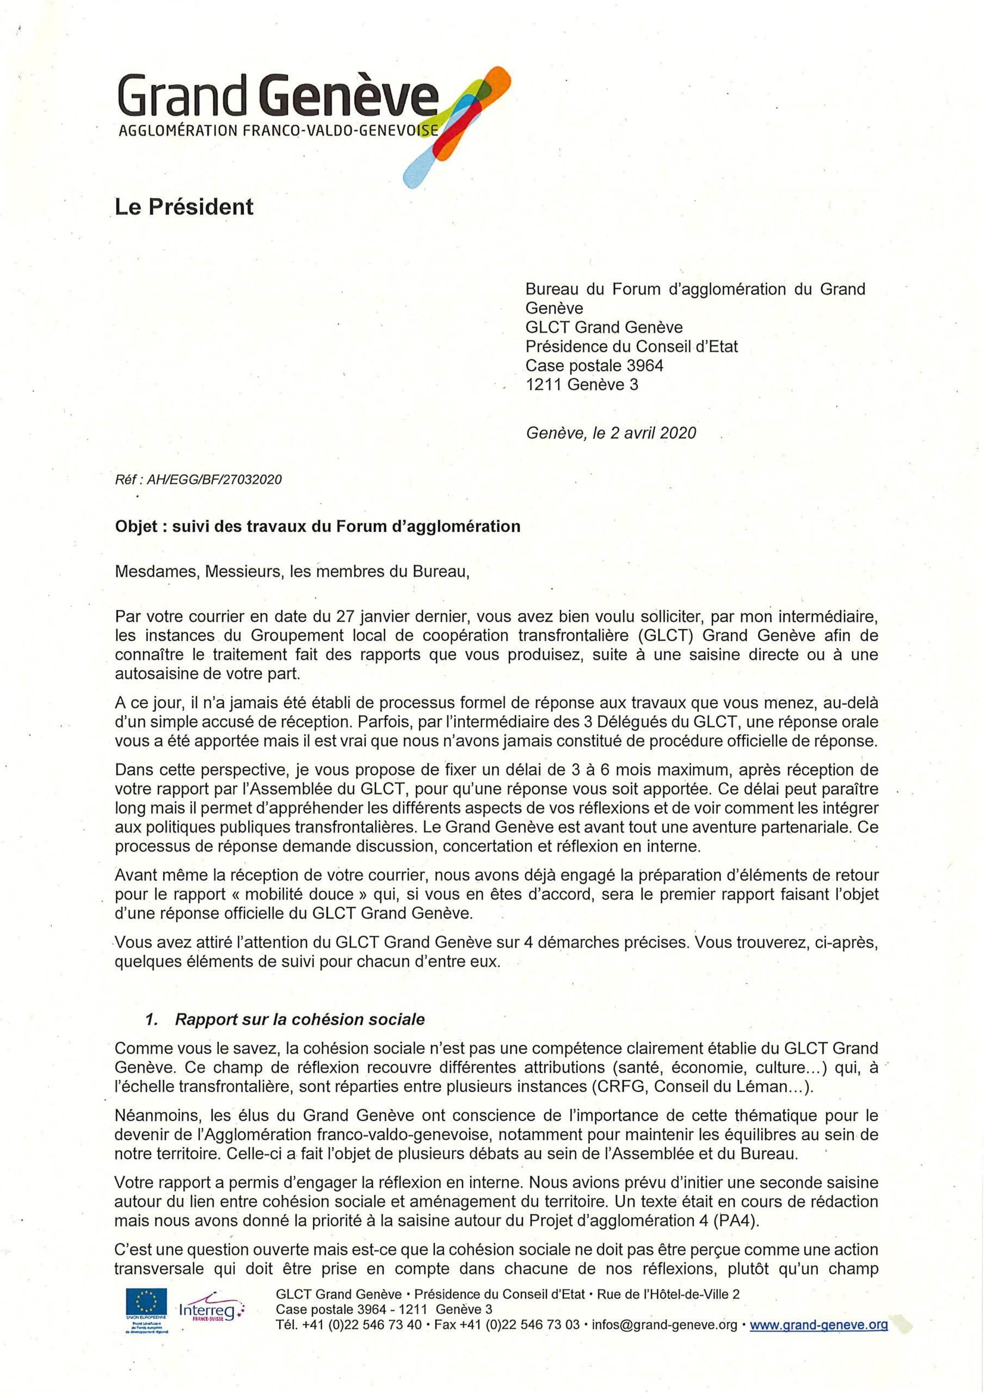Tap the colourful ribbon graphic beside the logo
coord(459,125)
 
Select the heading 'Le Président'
coord(184,207)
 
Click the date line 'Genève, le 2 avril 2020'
coord(611,433)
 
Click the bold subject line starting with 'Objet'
coord(317,526)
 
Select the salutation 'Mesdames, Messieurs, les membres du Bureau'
coord(292,572)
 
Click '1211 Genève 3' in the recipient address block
coord(581,385)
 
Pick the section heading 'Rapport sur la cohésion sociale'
coord(299,1019)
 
